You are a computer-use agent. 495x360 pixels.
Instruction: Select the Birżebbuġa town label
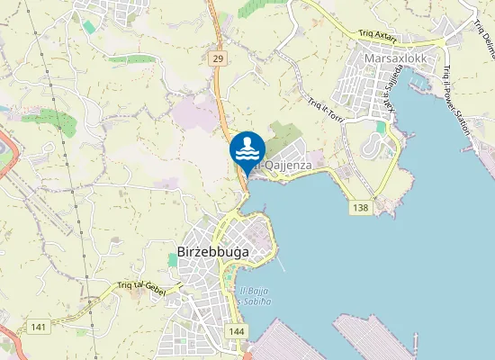pos(212,253)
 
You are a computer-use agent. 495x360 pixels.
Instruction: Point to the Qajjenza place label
pos(286,165)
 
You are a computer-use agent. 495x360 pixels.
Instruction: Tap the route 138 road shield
pos(361,208)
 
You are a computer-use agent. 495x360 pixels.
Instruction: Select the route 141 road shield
pos(38,326)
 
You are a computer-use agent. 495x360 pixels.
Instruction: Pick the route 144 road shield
pos(237,332)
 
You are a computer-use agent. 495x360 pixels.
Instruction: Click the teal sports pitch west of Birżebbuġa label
pos(173,259)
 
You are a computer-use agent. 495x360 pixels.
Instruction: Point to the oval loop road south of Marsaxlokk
pos(374,145)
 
